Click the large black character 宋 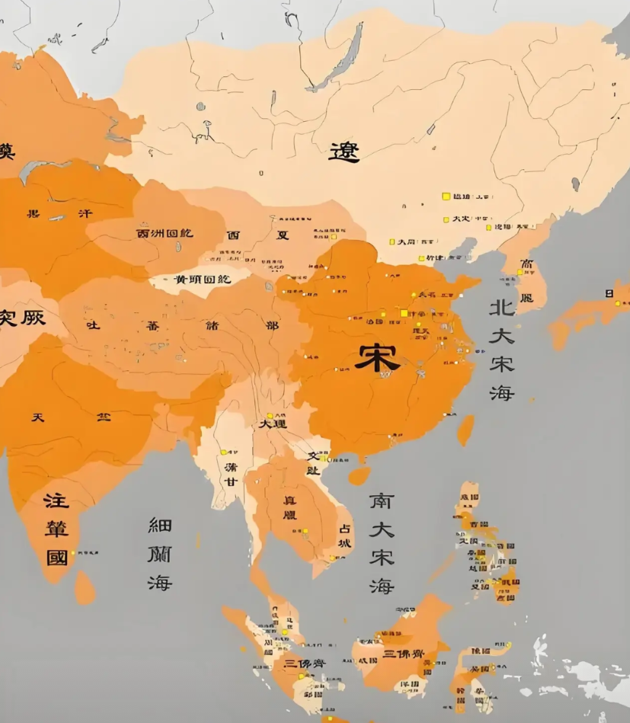pos(377,357)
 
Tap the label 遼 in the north pos(344,152)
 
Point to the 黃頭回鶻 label pos(203,280)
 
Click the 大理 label pos(272,423)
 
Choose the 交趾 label pos(314,462)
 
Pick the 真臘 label pos(290,508)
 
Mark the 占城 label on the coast pos(344,536)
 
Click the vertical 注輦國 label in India pos(56,529)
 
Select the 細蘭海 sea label pos(160,554)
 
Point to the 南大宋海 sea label pos(382,542)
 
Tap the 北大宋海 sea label pos(501,350)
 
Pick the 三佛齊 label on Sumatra pos(304,664)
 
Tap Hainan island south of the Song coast pos(359,476)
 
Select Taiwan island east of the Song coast pos(465,430)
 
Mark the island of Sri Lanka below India pos(85,587)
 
